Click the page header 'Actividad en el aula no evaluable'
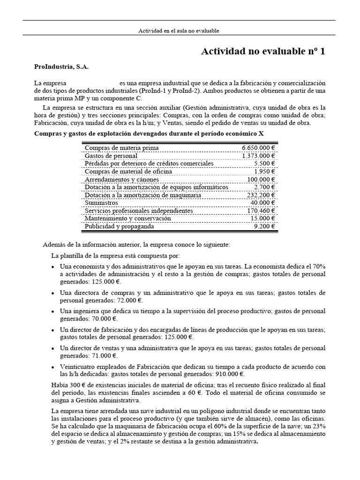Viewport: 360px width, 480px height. point(179,30)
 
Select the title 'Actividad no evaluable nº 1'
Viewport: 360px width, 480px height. point(262,52)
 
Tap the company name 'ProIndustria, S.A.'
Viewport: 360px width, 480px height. point(61,67)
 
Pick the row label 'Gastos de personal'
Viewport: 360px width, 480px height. point(111,156)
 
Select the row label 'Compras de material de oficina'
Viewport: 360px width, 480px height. point(128,172)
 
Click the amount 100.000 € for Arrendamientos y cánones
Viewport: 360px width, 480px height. point(261,180)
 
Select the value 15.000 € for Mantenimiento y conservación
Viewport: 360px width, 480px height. point(262,219)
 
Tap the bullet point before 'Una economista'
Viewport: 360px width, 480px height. point(52,267)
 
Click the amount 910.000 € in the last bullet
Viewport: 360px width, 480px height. point(229,374)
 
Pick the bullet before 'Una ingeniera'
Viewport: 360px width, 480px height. point(52,312)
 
